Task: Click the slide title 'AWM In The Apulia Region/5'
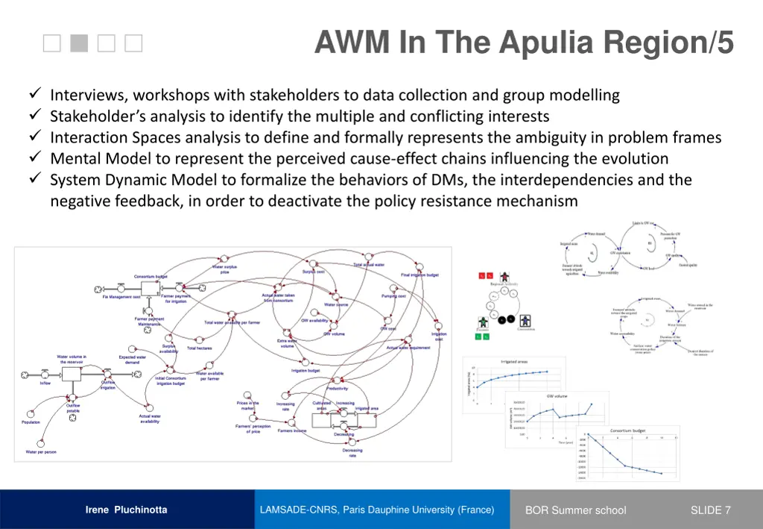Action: [x=524, y=43]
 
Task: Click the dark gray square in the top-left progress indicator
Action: [x=79, y=44]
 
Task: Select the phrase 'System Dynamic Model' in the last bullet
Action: [x=124, y=180]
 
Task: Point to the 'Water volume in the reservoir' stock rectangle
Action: [x=72, y=373]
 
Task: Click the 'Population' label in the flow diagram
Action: [x=31, y=422]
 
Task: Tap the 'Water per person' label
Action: [x=41, y=451]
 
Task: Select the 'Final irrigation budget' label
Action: [x=420, y=275]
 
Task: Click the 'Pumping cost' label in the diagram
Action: [x=393, y=295]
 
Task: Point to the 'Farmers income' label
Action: [x=292, y=431]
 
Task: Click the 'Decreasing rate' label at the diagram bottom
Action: [x=352, y=453]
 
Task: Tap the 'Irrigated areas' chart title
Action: [x=514, y=361]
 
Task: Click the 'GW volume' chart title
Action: [x=557, y=396]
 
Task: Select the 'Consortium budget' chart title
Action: [x=627, y=431]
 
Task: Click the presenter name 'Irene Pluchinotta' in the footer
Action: [x=126, y=510]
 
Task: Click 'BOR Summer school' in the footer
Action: [x=575, y=510]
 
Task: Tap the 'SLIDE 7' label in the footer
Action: [x=710, y=510]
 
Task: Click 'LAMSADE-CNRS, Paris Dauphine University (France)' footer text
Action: [x=377, y=510]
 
